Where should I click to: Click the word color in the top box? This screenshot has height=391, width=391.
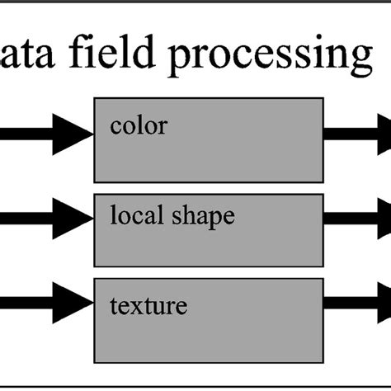click(138, 126)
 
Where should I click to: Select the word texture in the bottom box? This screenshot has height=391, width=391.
click(148, 307)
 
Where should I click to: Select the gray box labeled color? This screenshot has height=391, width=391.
click(208, 148)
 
